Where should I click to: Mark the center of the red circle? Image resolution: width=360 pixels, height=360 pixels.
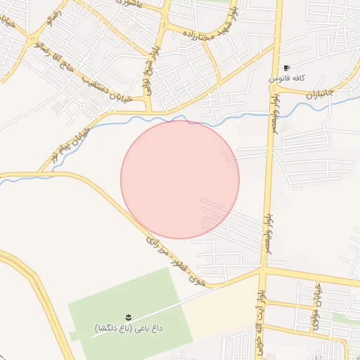180,179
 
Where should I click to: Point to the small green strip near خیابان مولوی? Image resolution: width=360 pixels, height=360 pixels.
345,318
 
